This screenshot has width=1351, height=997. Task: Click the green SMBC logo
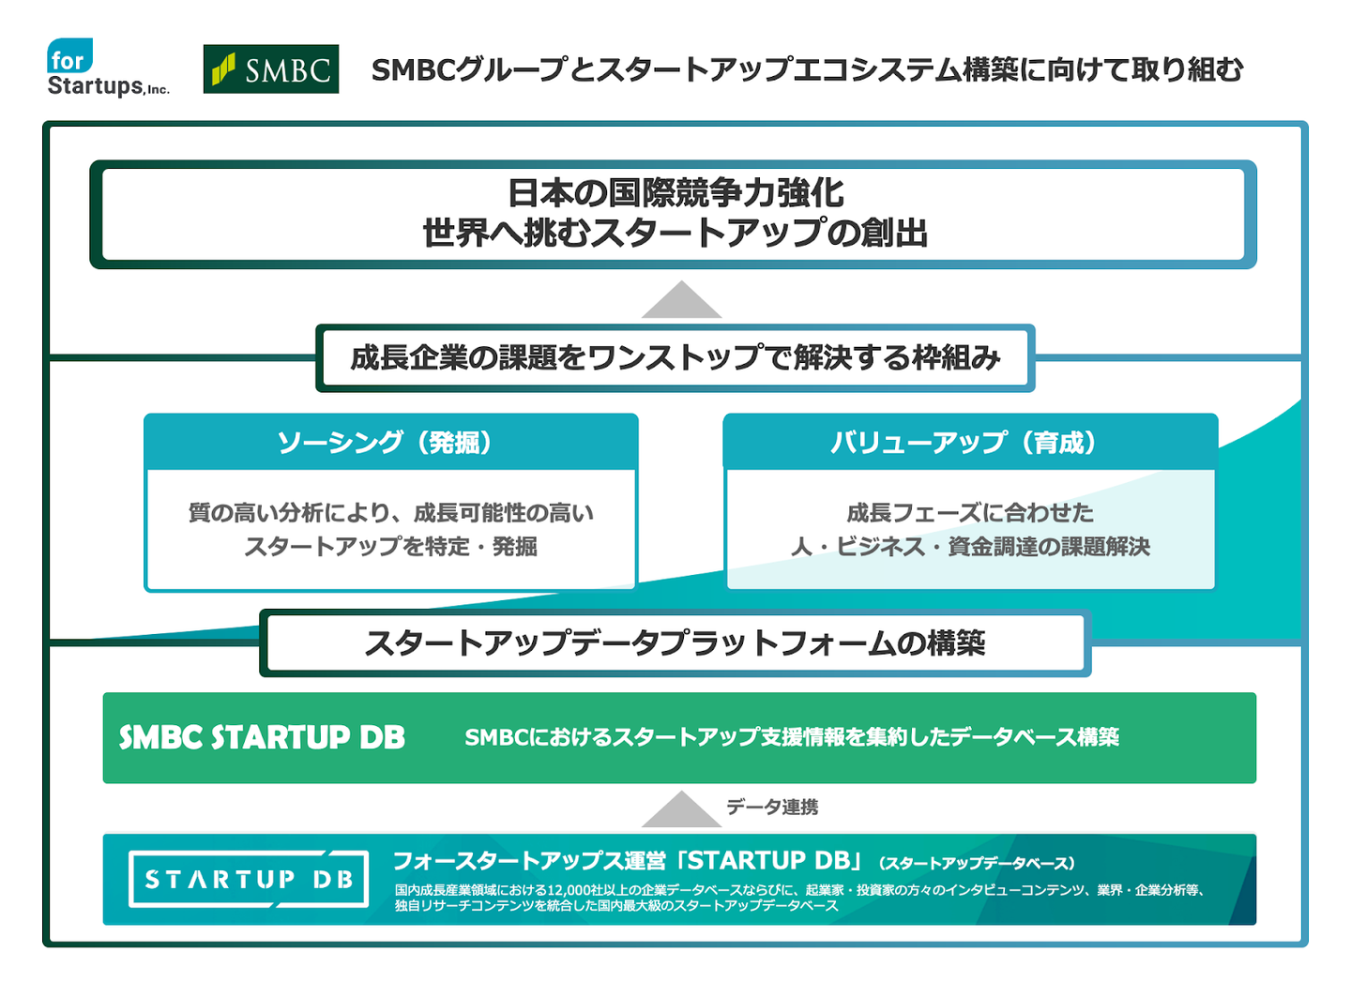[270, 69]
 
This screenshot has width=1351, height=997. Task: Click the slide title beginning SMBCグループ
[807, 69]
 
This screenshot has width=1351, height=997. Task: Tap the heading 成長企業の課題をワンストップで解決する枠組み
[675, 357]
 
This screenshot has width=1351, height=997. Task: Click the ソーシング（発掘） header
[390, 442]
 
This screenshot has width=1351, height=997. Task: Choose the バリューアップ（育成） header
[969, 442]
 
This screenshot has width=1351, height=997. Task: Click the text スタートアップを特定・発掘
[390, 546]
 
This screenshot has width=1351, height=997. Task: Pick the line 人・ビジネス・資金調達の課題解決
[970, 546]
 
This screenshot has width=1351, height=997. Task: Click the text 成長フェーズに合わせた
[970, 512]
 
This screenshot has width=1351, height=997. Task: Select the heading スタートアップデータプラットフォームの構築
[675, 643]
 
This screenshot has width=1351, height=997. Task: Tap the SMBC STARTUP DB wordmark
[262, 737]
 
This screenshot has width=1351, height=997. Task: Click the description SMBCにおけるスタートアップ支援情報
[791, 737]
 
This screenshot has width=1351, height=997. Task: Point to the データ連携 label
[771, 807]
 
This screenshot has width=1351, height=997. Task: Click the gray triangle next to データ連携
[681, 809]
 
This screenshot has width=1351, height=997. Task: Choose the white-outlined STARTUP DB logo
[248, 879]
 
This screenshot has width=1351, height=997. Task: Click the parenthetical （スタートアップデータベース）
[976, 863]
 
